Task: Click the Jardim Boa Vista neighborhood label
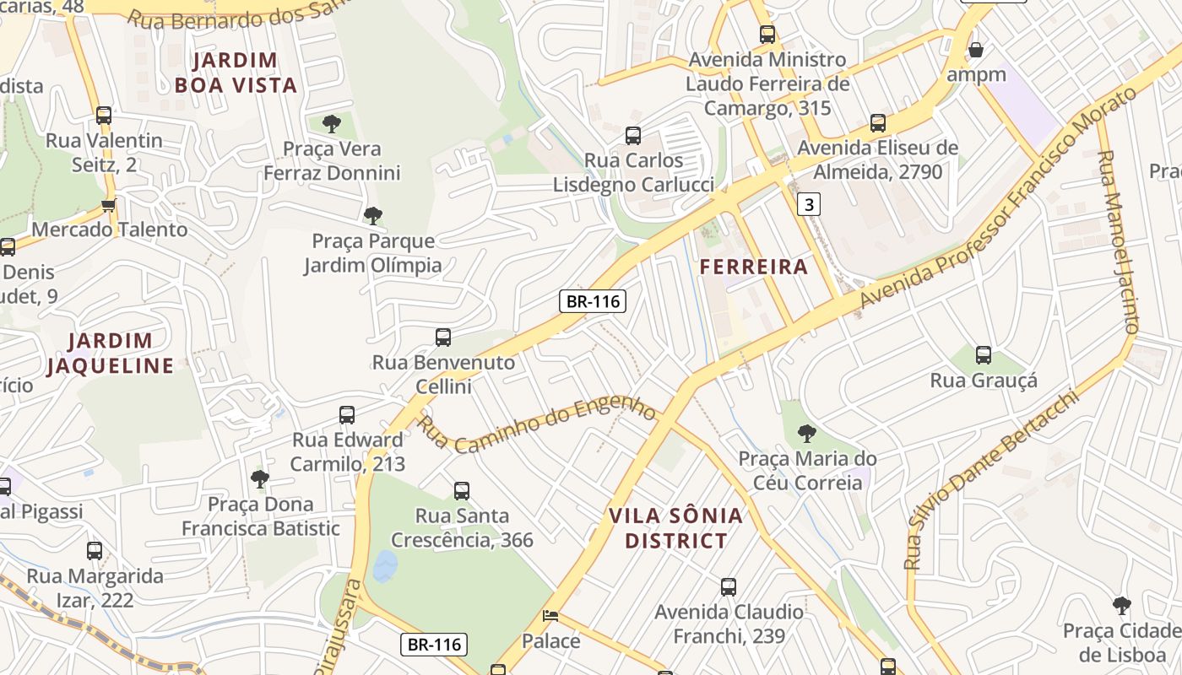(x=236, y=73)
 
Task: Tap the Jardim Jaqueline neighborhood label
(x=110, y=354)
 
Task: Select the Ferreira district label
(x=753, y=267)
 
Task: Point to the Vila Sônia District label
(x=675, y=528)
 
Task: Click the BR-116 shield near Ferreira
(x=592, y=301)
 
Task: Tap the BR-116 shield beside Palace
(x=433, y=645)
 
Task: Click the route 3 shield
(x=809, y=203)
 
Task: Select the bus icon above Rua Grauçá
(x=983, y=355)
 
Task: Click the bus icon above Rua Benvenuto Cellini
(x=443, y=337)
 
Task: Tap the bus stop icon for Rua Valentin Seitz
(x=104, y=116)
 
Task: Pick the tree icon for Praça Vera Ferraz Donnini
(x=332, y=124)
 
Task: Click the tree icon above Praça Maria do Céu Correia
(x=807, y=434)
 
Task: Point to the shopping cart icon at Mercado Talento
(x=108, y=205)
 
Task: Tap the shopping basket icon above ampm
(x=976, y=50)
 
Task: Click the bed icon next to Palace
(x=550, y=616)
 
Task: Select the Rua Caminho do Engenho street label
(x=538, y=424)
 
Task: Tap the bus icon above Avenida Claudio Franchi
(x=729, y=587)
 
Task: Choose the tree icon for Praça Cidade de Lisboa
(x=1121, y=605)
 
